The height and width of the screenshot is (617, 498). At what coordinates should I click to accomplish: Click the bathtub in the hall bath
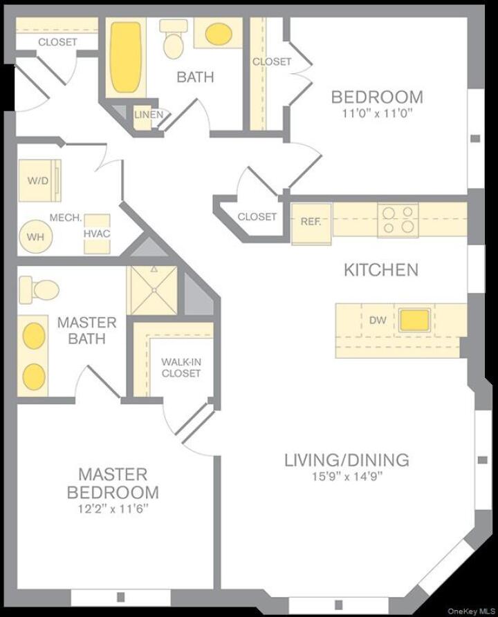click(x=125, y=58)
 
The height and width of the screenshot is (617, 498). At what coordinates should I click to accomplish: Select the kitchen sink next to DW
click(x=414, y=320)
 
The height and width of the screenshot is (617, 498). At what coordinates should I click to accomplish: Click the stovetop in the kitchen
click(x=398, y=220)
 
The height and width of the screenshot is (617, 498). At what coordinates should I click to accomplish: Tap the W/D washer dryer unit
click(x=38, y=180)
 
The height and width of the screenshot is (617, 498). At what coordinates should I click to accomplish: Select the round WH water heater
click(x=32, y=236)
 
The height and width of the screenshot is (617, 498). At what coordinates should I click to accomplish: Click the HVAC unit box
click(x=97, y=234)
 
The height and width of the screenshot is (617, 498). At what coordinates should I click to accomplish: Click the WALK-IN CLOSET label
click(x=181, y=368)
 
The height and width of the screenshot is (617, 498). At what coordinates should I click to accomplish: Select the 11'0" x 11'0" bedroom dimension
click(x=376, y=113)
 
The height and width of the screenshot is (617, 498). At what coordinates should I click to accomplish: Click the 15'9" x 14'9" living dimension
click(x=347, y=476)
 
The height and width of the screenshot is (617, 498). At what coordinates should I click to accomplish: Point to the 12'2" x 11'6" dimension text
click(x=113, y=509)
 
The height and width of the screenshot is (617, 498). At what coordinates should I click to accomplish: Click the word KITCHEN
click(x=381, y=269)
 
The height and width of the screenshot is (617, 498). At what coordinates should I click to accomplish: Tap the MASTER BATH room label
click(x=86, y=330)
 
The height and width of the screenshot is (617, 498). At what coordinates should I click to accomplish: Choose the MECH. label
click(x=66, y=218)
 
